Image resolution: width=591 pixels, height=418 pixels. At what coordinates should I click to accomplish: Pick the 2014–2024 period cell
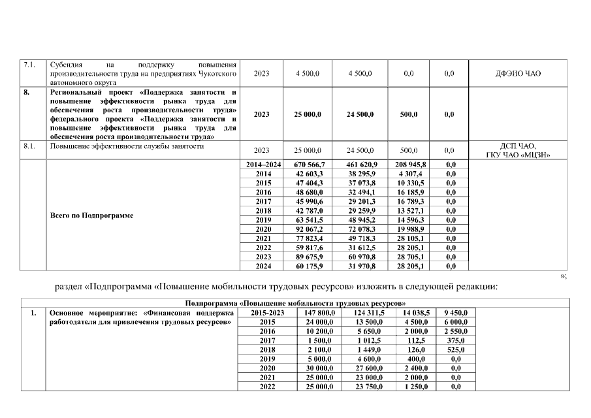point(263,165)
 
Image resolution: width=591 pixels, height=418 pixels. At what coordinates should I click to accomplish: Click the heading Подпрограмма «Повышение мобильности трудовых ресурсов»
point(296,304)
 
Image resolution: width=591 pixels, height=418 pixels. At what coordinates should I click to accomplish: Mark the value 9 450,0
point(460,313)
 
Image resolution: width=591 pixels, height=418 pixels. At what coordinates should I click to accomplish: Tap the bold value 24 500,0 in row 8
point(360,114)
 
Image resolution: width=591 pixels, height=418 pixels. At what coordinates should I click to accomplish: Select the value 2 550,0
point(460,331)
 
